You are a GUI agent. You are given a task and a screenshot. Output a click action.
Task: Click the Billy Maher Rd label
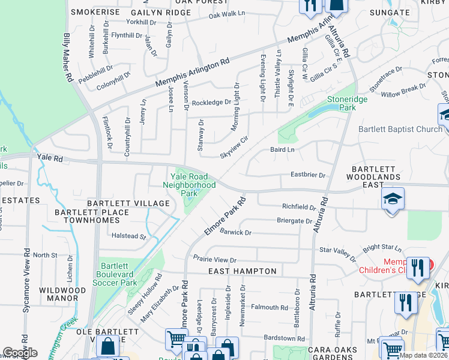tap(68, 58)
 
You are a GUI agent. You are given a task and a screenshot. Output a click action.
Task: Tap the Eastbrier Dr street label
tap(307, 176)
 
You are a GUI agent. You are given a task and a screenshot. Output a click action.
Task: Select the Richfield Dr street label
tap(298, 206)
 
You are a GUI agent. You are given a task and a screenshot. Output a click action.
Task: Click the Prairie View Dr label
tap(215, 260)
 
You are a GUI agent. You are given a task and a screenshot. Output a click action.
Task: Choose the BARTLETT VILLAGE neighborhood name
tap(128, 203)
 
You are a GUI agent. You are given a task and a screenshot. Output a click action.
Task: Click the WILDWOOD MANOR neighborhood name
tap(58, 294)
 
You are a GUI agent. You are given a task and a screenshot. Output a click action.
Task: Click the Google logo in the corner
tap(20, 353)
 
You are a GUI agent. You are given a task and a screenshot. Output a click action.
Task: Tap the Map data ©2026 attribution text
tap(423, 355)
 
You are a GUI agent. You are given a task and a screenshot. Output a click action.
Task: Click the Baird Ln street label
tap(282, 149)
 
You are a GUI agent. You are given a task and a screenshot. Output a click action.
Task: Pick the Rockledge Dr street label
tap(211, 103)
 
